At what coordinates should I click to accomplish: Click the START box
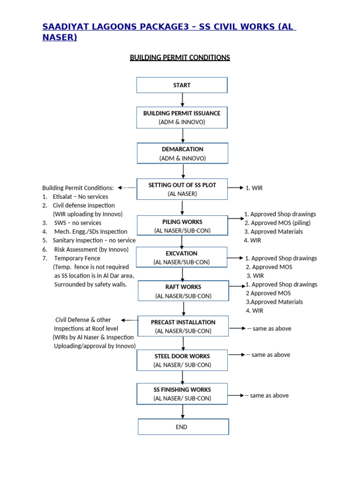[182, 85]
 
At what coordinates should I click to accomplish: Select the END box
[183, 427]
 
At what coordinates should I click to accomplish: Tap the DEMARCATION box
[182, 153]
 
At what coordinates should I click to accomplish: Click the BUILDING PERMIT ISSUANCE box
[182, 117]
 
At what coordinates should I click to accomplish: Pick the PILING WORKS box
[182, 225]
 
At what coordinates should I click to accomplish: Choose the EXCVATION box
[181, 257]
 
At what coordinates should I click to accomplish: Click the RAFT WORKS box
[183, 291]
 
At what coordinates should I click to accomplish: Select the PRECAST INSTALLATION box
[183, 326]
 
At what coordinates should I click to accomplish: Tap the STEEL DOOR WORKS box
[182, 360]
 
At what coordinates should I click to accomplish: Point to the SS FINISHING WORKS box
[182, 394]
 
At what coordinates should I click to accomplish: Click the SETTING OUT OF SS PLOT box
[182, 189]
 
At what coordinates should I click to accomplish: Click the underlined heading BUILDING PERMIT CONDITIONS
[180, 58]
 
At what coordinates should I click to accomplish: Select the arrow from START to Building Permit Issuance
[182, 100]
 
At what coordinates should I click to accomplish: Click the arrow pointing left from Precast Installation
[129, 320]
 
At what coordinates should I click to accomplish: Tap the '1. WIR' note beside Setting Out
[254, 188]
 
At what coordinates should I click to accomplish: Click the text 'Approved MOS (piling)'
[281, 223]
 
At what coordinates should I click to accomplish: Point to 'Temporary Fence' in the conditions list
[77, 258]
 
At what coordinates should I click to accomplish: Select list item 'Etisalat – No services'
[81, 196]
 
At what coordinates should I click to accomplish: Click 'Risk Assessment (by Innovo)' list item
[91, 249]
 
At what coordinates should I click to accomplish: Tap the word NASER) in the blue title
[60, 37]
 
